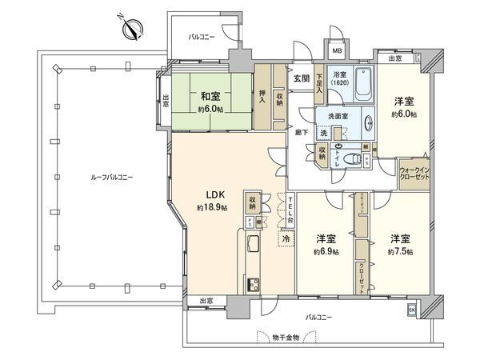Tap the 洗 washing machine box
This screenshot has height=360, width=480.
pyautogui.click(x=324, y=133)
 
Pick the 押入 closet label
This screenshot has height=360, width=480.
pyautogui.click(x=262, y=94)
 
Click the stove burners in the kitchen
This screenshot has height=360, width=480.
pyautogui.click(x=255, y=284)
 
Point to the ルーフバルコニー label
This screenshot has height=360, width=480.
pyautogui.click(x=89, y=177)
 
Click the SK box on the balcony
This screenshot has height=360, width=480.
pyautogui.click(x=412, y=310)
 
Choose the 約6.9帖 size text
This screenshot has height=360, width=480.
pyautogui.click(x=325, y=251)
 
